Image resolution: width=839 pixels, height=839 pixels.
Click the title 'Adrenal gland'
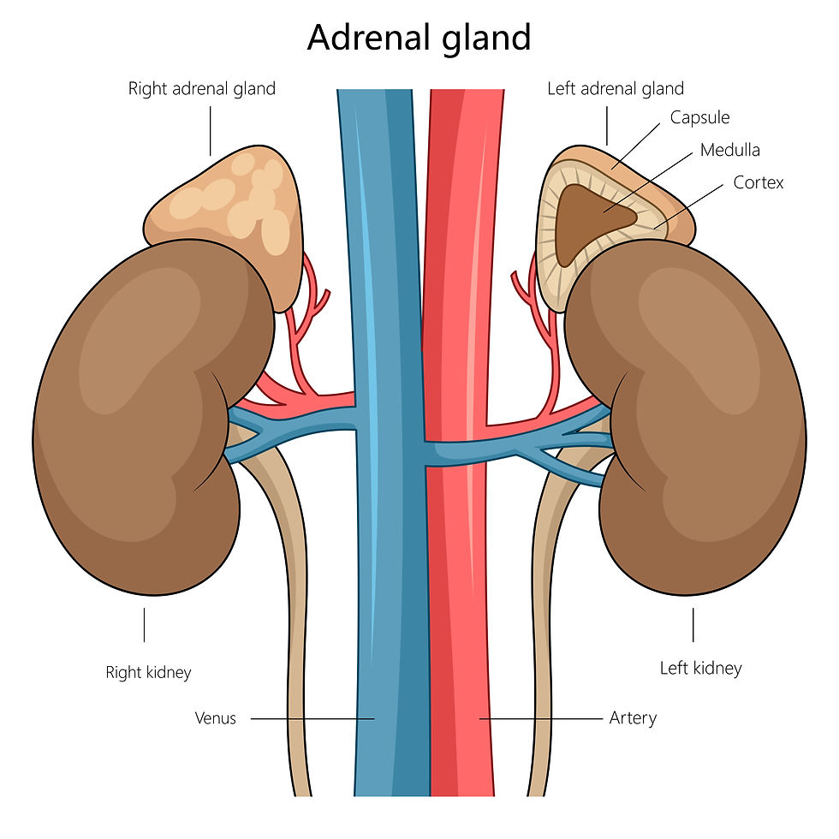(419, 39)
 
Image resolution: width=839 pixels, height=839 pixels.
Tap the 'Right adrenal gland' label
(202, 89)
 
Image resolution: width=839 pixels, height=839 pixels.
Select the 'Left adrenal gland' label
(616, 89)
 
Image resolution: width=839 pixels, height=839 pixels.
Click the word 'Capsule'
(700, 118)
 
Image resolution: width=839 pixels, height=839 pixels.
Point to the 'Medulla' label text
(729, 151)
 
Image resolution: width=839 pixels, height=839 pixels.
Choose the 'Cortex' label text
(759, 183)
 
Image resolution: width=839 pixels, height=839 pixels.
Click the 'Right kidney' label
(148, 673)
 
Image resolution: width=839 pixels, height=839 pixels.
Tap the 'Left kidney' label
(701, 669)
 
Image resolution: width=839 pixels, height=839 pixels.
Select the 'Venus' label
(215, 718)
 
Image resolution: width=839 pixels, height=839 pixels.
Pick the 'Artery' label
(633, 718)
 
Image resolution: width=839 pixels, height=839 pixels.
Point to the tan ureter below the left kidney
(541, 616)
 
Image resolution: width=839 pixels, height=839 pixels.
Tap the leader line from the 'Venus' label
(312, 718)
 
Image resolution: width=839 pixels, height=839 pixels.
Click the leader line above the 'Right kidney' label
(144, 624)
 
